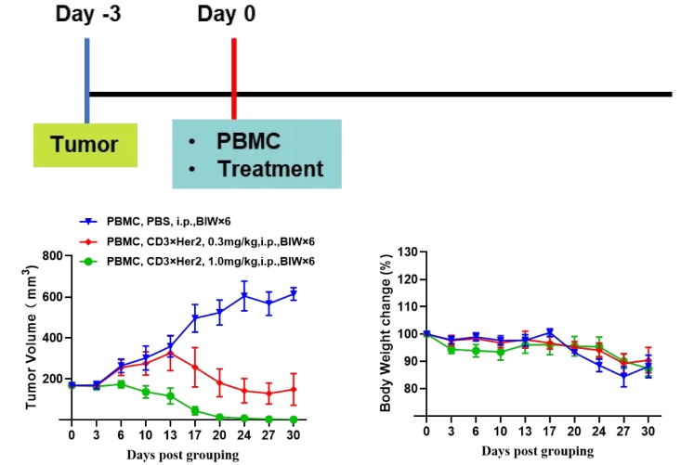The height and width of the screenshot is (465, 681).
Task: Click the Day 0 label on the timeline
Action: point(227,14)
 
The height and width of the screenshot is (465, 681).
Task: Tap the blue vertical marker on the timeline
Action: point(87,79)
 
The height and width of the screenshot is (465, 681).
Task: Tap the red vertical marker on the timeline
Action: point(234,79)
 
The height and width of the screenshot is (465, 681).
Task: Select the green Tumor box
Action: point(85,145)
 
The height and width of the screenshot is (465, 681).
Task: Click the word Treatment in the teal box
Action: point(269,169)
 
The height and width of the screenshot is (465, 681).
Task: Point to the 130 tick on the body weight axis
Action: point(405,252)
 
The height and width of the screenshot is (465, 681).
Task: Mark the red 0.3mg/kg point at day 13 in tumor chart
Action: point(171,352)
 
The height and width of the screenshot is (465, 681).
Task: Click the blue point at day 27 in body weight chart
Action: point(623,375)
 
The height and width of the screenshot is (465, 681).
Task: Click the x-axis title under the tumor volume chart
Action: point(183,455)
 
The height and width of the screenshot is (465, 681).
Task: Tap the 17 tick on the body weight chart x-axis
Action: point(550,433)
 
